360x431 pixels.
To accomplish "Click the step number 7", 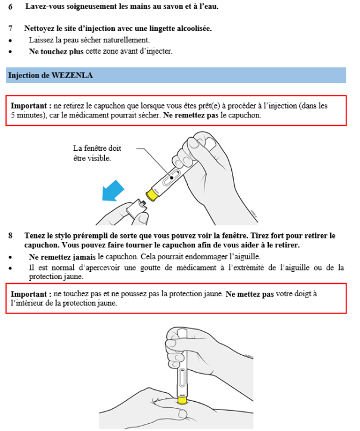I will pos(10,28).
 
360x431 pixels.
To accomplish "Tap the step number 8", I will pos(10,235).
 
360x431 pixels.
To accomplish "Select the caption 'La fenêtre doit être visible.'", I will pos(97,153).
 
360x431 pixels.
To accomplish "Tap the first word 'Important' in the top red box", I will pos(28,106).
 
